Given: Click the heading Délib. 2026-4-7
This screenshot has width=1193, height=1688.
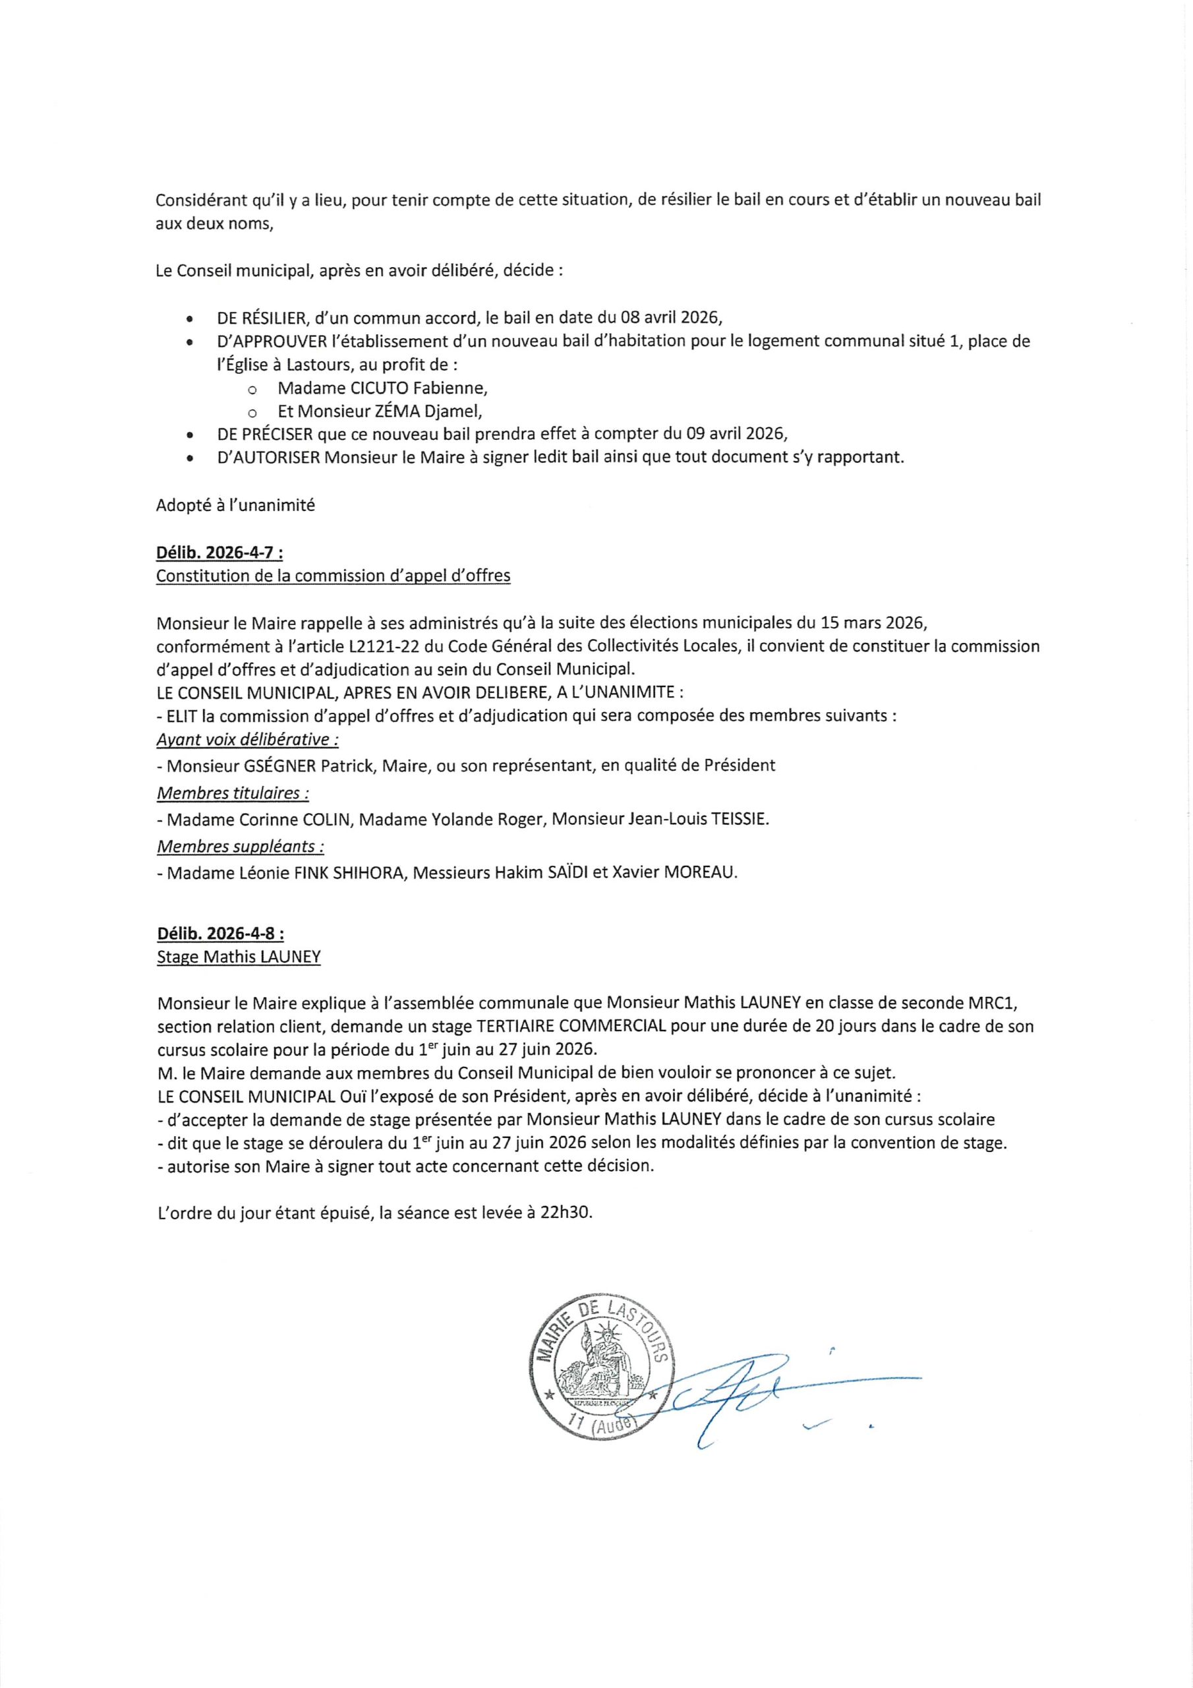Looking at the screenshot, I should tap(219, 553).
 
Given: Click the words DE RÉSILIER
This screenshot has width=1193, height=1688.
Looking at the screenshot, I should tap(261, 318).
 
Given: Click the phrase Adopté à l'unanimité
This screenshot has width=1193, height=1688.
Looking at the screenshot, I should tap(235, 506).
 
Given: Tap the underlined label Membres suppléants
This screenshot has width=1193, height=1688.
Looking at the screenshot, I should tap(241, 846).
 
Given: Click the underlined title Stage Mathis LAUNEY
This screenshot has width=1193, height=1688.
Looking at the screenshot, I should tap(239, 957).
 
